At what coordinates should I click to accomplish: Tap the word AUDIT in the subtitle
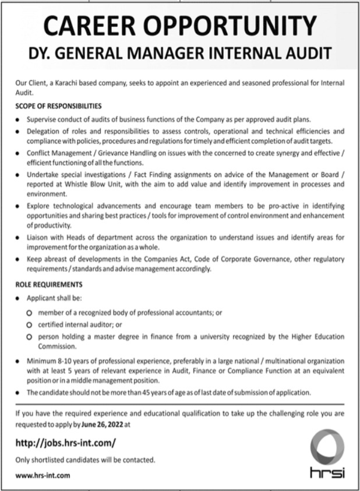[x=305, y=54]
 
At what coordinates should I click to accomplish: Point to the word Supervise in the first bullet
[x=41, y=119]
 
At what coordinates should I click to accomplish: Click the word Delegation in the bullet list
[x=43, y=132]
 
